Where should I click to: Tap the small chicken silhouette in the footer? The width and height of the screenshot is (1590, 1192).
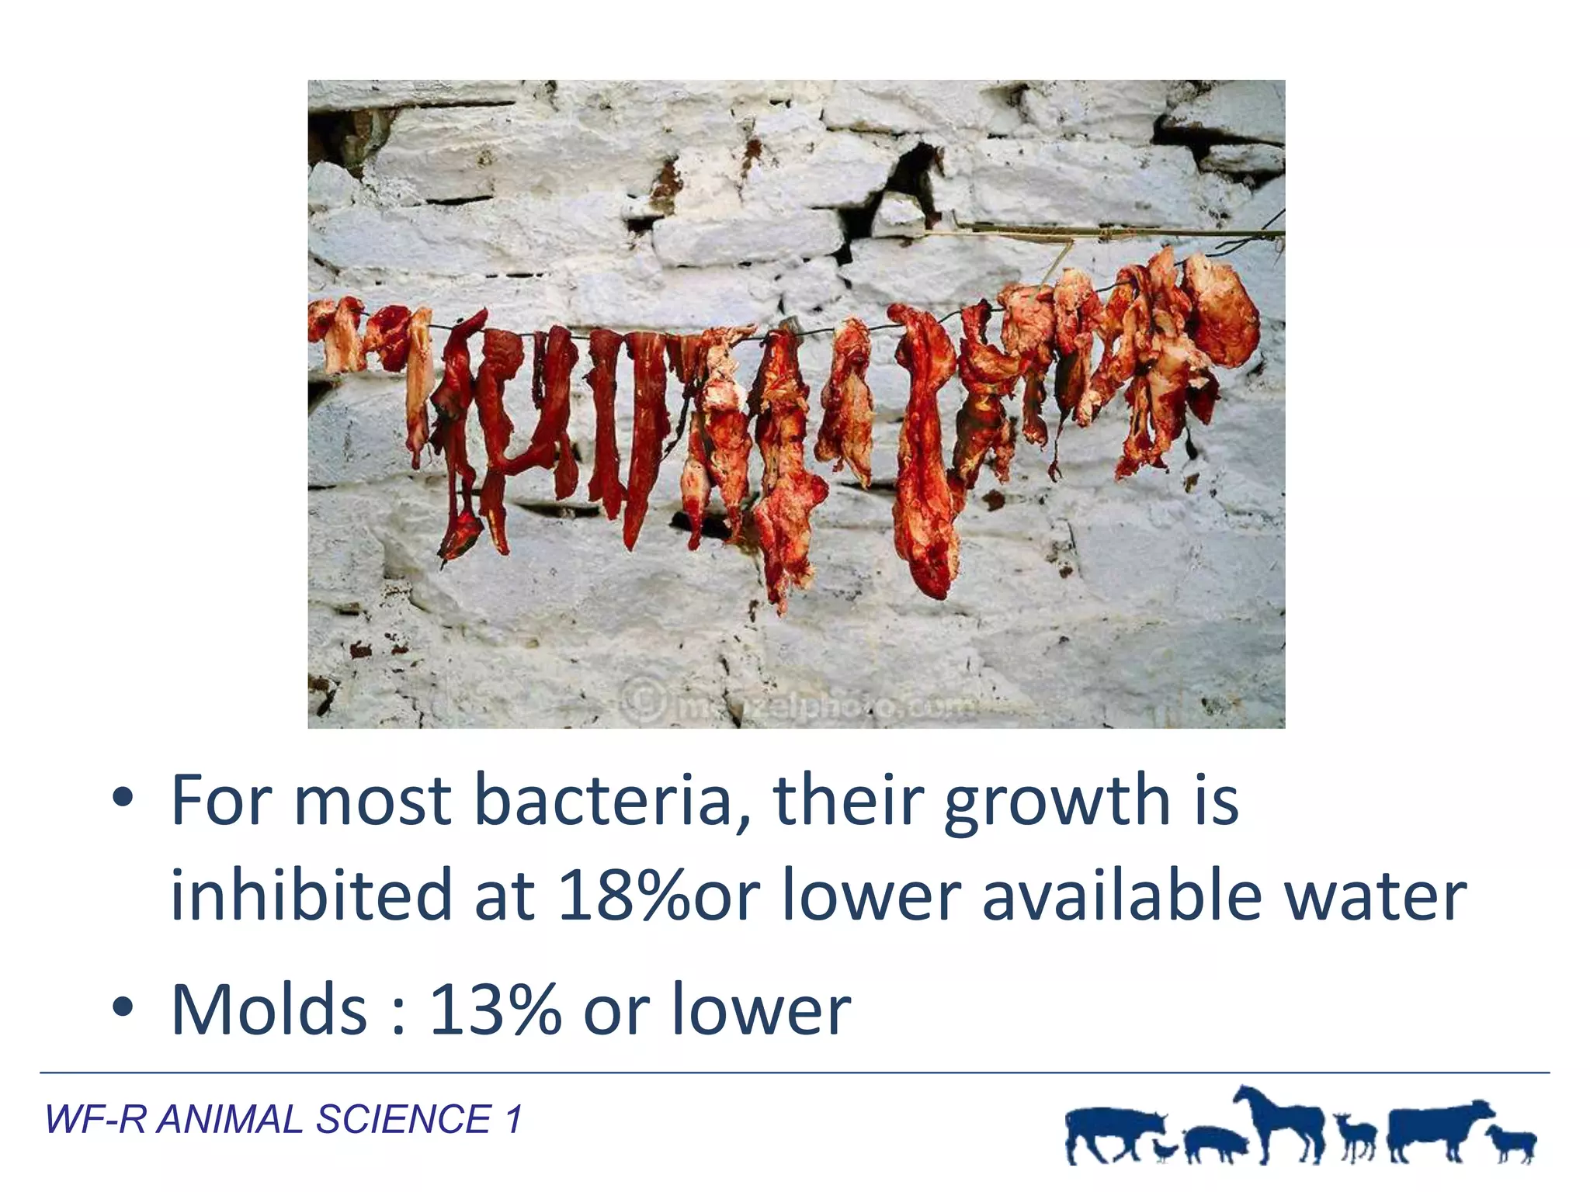tap(1165, 1149)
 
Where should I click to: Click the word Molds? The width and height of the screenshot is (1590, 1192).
tap(269, 1009)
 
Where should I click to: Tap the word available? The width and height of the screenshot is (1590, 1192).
tap(1121, 895)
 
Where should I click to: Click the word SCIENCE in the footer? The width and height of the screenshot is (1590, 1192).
tap(403, 1119)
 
